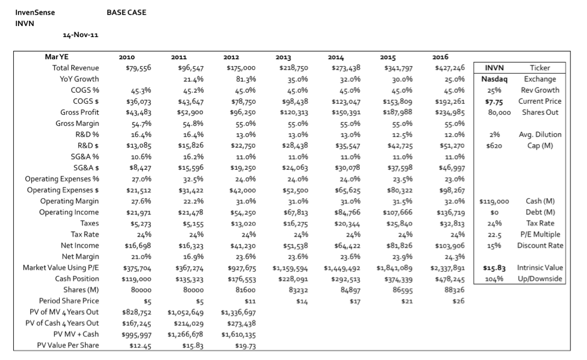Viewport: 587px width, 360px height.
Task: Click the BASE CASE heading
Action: (126, 12)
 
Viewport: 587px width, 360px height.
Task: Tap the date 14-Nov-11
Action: (81, 35)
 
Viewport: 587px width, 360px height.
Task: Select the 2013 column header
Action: (283, 57)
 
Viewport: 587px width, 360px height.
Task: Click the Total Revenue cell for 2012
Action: (241, 68)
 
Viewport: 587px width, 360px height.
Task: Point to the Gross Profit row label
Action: (80, 112)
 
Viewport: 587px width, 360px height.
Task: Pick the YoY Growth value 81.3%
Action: (246, 79)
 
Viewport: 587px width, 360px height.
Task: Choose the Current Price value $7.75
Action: (494, 101)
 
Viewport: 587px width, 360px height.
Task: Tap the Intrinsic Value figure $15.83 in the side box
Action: (494, 268)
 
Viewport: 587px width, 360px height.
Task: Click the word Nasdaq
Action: (494, 79)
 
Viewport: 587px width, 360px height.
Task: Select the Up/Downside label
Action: (540, 279)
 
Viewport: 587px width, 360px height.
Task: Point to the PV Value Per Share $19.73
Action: (246, 346)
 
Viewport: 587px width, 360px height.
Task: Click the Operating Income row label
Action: (69, 212)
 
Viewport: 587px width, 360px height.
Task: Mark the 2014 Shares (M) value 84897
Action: (350, 290)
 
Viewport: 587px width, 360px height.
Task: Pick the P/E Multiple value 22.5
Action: (494, 235)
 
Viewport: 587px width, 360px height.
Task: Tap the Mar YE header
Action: (57, 57)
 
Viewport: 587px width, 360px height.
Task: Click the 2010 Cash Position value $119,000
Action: (137, 279)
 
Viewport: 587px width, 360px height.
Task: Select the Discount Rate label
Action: (540, 246)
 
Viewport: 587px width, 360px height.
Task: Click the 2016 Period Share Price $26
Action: (458, 301)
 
